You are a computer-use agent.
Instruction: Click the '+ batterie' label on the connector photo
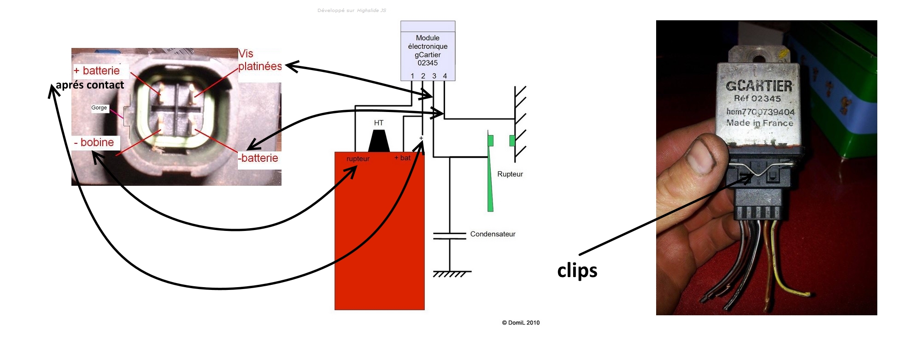[x=97, y=71]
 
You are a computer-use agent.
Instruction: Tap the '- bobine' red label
[x=94, y=142]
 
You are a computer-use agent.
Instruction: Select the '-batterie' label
[x=258, y=158]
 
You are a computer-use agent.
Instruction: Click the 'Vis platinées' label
[x=259, y=60]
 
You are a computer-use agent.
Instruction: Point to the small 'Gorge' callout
[x=99, y=108]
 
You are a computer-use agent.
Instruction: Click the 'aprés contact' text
[x=90, y=85]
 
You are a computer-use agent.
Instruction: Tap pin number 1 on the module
[x=412, y=76]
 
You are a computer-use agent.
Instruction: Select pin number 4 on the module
[x=445, y=76]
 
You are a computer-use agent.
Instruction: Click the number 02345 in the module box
[x=428, y=63]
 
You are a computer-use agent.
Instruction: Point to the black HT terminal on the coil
[x=379, y=141]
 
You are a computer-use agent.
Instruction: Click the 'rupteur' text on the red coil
[x=358, y=159]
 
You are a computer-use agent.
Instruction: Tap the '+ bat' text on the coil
[x=402, y=158]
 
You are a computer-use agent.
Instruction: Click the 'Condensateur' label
[x=493, y=234]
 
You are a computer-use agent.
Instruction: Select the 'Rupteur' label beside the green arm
[x=510, y=174]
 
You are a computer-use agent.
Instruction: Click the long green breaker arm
[x=490, y=180]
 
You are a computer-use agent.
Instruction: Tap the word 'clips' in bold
[x=577, y=271]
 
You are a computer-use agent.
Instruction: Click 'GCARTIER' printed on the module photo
[x=759, y=86]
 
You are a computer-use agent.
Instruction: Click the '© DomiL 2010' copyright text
[x=521, y=323]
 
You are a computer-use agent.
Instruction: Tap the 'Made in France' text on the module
[x=760, y=123]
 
